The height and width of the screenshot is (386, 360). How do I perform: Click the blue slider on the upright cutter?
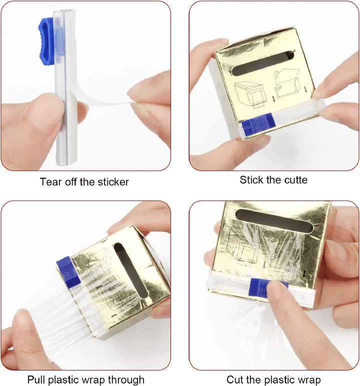tap(46, 41)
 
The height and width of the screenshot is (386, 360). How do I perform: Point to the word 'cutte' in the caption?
tap(296, 180)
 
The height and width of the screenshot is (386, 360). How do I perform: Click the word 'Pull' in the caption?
tap(35, 380)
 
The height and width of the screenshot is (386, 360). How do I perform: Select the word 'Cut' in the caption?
tap(234, 380)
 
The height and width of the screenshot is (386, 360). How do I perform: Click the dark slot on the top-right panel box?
tap(262, 63)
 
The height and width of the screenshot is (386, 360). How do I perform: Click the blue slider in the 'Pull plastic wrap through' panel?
tap(68, 271)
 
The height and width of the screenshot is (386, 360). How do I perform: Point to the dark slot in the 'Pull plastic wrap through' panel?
tap(131, 271)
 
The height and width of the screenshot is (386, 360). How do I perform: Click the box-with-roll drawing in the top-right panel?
tap(249, 95)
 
